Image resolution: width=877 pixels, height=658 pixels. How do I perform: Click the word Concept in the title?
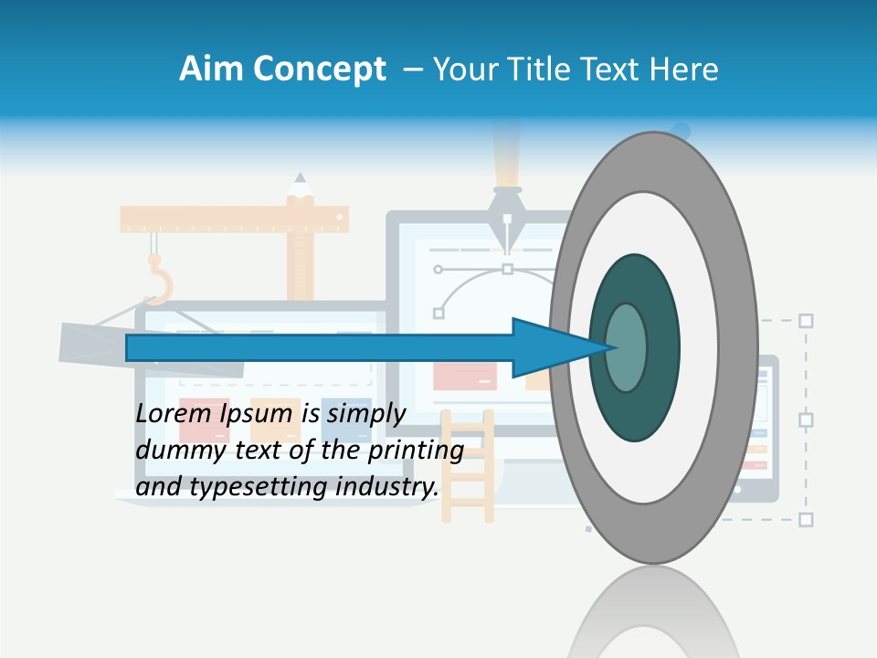point(320,69)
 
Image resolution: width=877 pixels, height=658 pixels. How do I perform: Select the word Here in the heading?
point(683,69)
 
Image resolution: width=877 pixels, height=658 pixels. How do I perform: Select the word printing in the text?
point(416,451)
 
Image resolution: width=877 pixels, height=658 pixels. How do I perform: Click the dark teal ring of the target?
point(660,347)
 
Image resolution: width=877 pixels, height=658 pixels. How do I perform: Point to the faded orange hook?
point(159,280)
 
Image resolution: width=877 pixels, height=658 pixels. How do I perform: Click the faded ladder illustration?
point(467,466)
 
